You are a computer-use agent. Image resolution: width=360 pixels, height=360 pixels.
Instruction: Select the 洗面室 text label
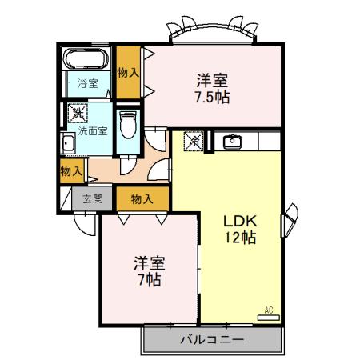[x=92, y=131]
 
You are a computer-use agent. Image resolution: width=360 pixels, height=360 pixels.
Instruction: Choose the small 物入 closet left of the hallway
[x=71, y=170]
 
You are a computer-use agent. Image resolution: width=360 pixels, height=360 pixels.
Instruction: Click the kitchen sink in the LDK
[x=234, y=142]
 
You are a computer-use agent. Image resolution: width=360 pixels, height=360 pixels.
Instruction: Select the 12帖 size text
[x=238, y=238]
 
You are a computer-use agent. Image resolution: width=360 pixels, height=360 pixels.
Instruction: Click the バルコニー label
[x=211, y=339]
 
